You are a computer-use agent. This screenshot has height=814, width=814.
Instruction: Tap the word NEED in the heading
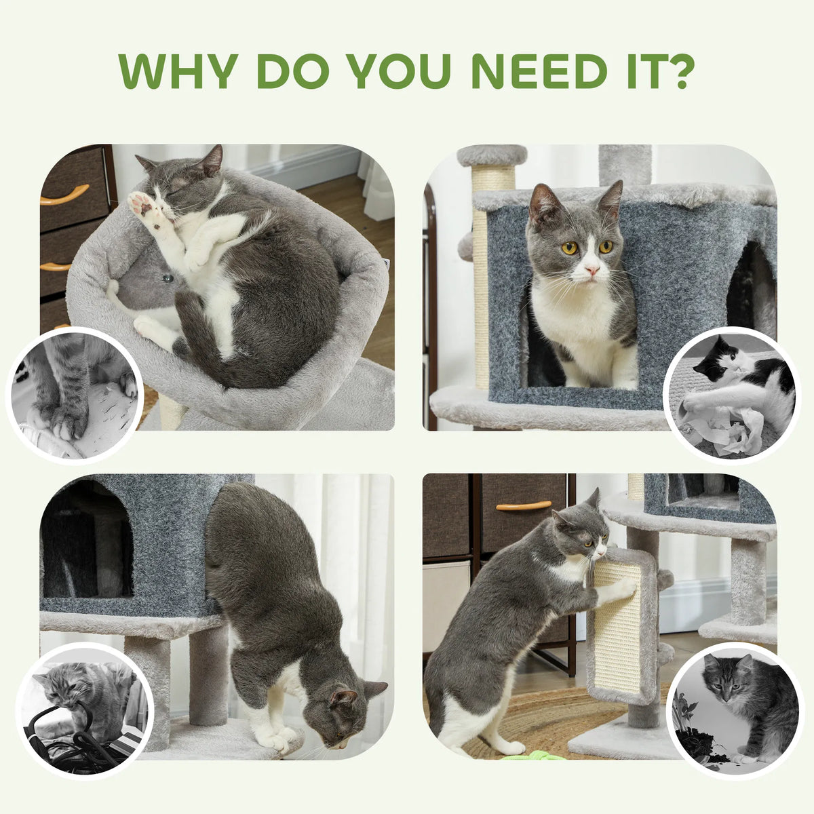539,71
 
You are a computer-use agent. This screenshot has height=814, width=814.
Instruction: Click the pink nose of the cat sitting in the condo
592,269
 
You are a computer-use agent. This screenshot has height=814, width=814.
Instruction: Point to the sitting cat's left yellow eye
568,248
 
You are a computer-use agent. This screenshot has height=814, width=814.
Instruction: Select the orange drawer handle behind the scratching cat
524,505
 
